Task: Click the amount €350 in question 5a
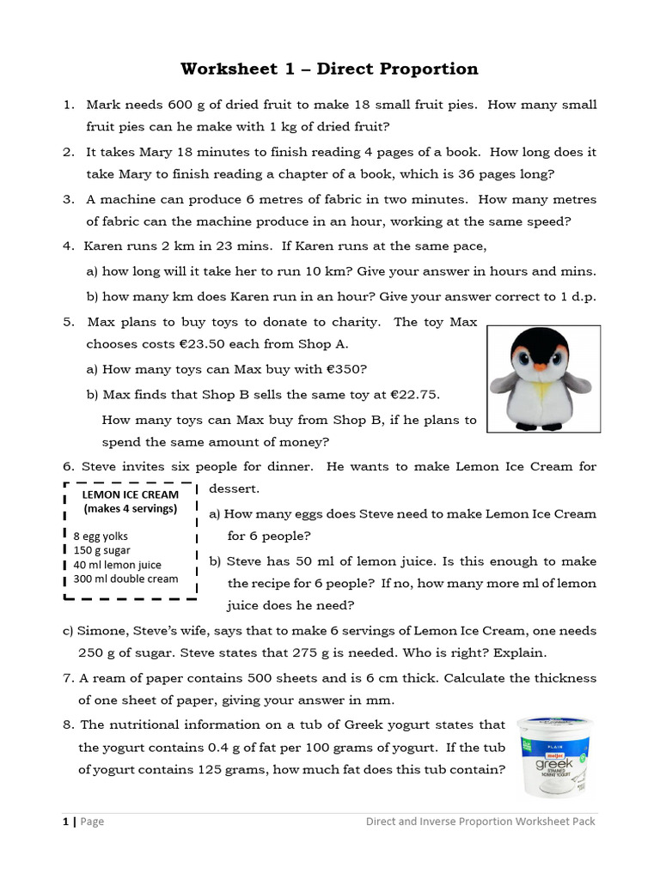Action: pyautogui.click(x=340, y=369)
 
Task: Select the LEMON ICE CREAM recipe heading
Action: pyautogui.click(x=130, y=494)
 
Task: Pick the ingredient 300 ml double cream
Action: pyautogui.click(x=125, y=579)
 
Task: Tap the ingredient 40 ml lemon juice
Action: pyautogui.click(x=117, y=565)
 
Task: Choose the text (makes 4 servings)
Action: pyautogui.click(x=130, y=508)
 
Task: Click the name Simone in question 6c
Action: pyautogui.click(x=101, y=631)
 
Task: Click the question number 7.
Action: pyautogui.click(x=67, y=678)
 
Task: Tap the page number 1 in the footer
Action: pyautogui.click(x=65, y=821)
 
